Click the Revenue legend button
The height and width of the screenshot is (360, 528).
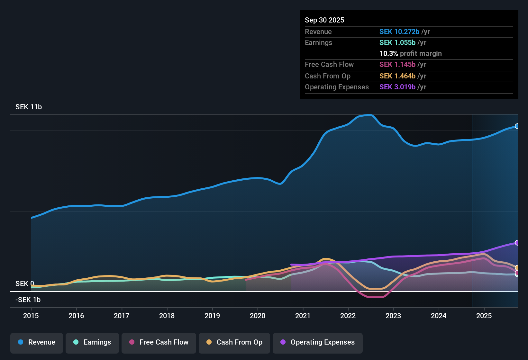pyautogui.click(x=37, y=342)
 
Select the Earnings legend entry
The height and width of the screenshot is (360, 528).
pyautogui.click(x=92, y=342)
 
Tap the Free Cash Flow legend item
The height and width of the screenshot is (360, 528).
pyautogui.click(x=159, y=342)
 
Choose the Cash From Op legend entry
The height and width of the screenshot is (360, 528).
pyautogui.click(x=234, y=342)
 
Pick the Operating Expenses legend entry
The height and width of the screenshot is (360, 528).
pyautogui.click(x=318, y=342)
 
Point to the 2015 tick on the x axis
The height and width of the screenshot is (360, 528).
pyautogui.click(x=31, y=316)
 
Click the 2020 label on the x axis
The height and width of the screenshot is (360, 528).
pyautogui.click(x=258, y=316)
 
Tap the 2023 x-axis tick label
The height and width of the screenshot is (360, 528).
pyautogui.click(x=393, y=316)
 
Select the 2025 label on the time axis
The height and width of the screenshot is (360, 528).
pyautogui.click(x=484, y=316)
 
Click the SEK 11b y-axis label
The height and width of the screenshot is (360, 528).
pyautogui.click(x=29, y=107)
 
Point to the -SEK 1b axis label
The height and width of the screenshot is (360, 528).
pyautogui.click(x=28, y=300)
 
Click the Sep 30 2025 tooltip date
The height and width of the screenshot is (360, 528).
pyautogui.click(x=324, y=20)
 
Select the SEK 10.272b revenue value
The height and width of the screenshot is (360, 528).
pyautogui.click(x=399, y=32)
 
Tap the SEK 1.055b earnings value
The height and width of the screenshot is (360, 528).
pyautogui.click(x=397, y=42)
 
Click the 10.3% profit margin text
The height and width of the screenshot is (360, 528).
pyautogui.click(x=411, y=53)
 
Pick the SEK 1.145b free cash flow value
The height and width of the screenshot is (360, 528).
pyautogui.click(x=397, y=64)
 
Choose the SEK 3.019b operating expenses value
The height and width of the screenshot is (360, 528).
pyautogui.click(x=397, y=87)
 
